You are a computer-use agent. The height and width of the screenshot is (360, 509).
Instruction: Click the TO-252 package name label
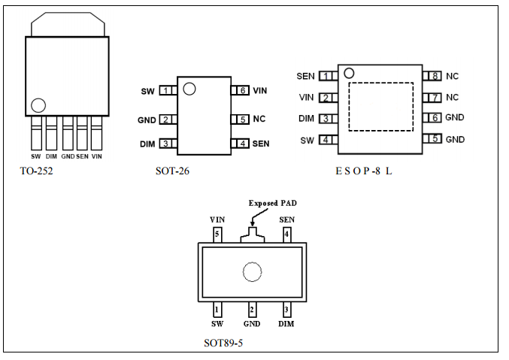[36, 171]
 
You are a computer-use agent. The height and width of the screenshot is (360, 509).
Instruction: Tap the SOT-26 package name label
[172, 171]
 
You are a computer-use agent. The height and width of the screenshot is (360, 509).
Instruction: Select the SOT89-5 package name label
[223, 343]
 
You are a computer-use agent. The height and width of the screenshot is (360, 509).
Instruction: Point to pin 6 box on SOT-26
[241, 90]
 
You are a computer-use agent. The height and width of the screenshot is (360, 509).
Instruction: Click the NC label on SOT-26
[259, 119]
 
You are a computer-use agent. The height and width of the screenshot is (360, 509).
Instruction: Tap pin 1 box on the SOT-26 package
[166, 91]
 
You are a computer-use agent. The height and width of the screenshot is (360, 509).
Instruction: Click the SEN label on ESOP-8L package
[305, 76]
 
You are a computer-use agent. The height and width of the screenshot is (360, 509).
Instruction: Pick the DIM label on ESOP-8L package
[306, 118]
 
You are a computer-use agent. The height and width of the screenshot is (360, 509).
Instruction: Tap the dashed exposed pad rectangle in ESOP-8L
[381, 107]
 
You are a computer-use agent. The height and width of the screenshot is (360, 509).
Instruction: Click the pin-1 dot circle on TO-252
[38, 104]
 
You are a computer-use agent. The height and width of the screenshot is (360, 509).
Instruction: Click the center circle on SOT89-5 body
[252, 272]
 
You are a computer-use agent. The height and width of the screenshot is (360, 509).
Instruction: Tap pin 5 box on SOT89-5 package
[217, 234]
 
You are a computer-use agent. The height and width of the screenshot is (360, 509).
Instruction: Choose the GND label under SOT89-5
[252, 324]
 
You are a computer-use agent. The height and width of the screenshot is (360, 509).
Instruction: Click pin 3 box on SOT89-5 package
[286, 309]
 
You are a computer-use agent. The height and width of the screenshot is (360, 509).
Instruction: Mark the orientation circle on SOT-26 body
[189, 89]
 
